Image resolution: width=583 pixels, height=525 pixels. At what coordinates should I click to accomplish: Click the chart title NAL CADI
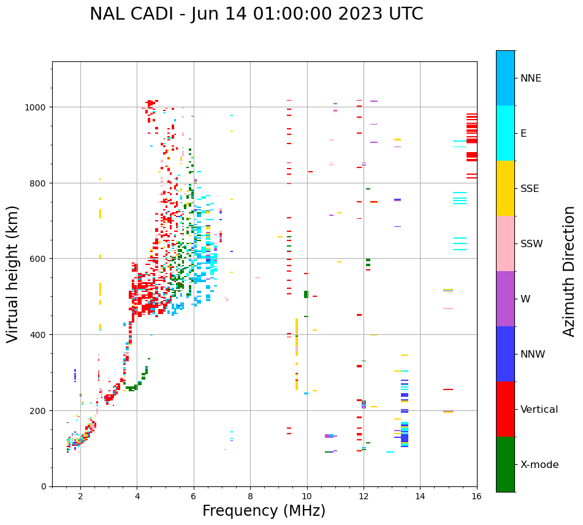point(256,14)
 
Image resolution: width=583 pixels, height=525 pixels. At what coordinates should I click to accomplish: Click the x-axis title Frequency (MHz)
point(264,511)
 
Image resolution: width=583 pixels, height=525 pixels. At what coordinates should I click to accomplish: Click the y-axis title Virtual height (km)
point(13,274)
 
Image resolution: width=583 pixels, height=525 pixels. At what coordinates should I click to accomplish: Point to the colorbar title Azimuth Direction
point(570,271)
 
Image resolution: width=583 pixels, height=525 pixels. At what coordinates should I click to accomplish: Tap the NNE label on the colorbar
point(531,79)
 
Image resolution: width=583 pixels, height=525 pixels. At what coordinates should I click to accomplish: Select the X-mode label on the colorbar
point(539,465)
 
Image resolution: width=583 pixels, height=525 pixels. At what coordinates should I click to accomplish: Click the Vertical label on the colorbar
point(539,410)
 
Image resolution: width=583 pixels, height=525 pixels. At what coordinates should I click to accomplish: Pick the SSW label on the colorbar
point(532,244)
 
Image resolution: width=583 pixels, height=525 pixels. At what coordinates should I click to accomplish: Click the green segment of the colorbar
point(505,464)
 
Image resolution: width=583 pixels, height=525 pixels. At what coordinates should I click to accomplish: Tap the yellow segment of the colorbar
point(505,188)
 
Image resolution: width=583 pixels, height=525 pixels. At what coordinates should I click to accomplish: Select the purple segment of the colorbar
point(505,299)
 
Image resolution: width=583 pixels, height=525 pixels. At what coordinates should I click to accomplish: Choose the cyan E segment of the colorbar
point(505,133)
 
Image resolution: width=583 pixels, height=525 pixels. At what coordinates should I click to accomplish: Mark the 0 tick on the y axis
point(44,486)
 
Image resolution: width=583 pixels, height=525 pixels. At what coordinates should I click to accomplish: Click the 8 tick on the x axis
point(250,497)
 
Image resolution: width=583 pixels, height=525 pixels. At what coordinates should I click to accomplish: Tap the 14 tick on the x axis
point(420,497)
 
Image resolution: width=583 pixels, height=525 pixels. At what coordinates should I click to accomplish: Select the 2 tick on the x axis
point(80,497)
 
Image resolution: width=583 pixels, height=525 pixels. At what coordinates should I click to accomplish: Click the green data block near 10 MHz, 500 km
point(306,294)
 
